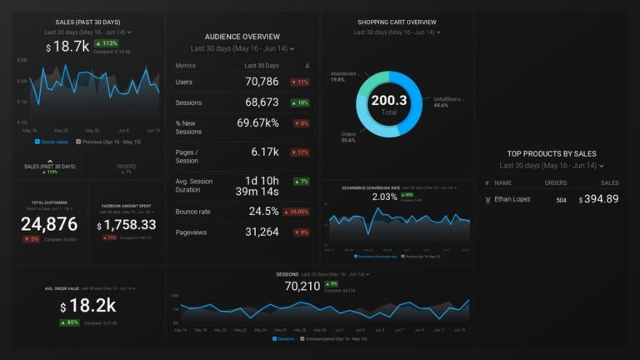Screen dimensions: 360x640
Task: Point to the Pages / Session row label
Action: pyautogui.click(x=187, y=157)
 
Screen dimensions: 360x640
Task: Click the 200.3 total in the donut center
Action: pyautogui.click(x=389, y=102)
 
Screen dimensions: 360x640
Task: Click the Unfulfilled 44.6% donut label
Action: pyautogui.click(x=448, y=102)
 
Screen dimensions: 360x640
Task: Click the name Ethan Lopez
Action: pyautogui.click(x=513, y=199)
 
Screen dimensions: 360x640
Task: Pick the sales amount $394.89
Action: pyautogui.click(x=599, y=199)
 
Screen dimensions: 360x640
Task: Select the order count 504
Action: pyautogui.click(x=561, y=200)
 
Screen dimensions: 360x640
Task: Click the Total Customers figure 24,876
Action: pyautogui.click(x=49, y=223)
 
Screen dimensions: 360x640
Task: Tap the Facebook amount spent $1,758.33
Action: pyautogui.click(x=126, y=225)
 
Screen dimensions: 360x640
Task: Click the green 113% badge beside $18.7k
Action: pyautogui.click(x=106, y=43)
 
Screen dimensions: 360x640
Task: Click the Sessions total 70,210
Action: pyautogui.click(x=302, y=286)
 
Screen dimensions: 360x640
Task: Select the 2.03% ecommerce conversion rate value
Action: pyautogui.click(x=384, y=197)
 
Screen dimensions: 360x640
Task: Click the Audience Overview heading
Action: pyautogui.click(x=242, y=37)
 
